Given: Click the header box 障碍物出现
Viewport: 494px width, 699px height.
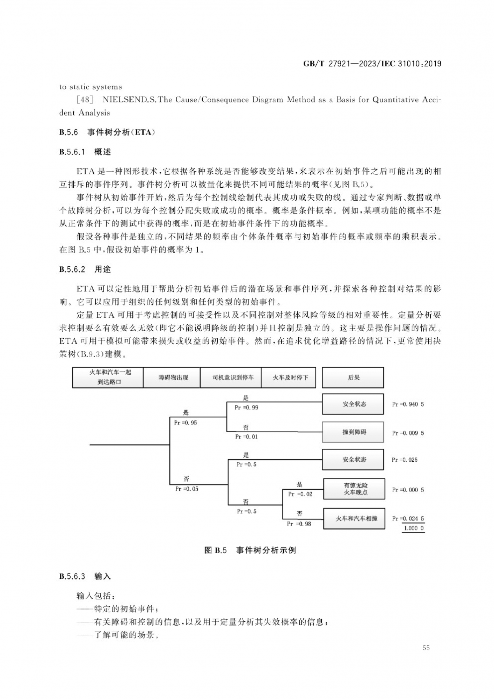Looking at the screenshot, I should (x=172, y=377).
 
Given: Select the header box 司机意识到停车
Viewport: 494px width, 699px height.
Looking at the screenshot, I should (x=231, y=377).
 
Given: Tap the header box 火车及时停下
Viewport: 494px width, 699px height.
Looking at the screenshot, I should (x=289, y=377).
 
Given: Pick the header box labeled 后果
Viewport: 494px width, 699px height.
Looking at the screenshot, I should (x=353, y=377).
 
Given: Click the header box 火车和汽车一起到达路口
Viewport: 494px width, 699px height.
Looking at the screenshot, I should (x=108, y=377).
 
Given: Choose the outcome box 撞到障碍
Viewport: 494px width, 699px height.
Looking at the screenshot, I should (x=353, y=432).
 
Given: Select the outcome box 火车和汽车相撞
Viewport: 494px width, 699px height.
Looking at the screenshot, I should (x=354, y=519).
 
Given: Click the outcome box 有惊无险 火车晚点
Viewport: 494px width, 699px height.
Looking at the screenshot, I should (x=354, y=489).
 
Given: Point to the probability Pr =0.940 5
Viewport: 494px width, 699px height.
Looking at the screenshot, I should (x=408, y=404).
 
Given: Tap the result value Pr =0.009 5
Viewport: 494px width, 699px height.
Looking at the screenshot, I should (x=408, y=433).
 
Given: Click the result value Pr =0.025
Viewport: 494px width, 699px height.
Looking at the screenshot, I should (x=405, y=460).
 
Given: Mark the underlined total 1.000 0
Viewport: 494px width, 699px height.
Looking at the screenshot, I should (x=414, y=528).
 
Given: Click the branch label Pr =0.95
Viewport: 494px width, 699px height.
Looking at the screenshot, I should (x=186, y=423).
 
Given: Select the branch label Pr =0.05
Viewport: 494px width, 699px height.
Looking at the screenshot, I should (x=187, y=489).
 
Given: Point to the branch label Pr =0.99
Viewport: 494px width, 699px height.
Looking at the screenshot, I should (x=247, y=408).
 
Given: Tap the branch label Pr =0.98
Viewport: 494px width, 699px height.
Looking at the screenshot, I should (x=299, y=524).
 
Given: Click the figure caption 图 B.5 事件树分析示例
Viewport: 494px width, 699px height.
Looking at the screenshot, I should (x=250, y=550).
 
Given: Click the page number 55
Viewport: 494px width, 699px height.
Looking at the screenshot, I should (x=426, y=648).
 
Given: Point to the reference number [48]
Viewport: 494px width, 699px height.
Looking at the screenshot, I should (x=85, y=100).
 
